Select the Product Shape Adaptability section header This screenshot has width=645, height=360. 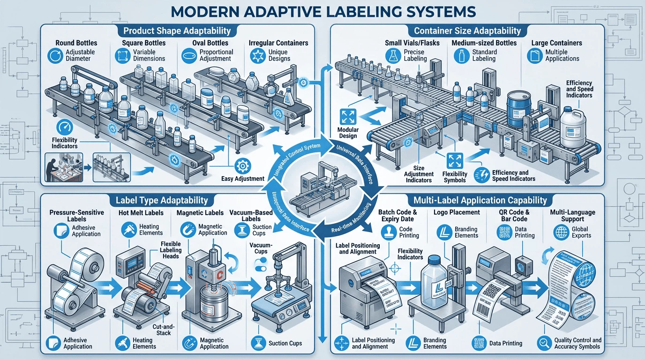[x=177, y=31]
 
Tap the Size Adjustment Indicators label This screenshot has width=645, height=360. [x=419, y=174]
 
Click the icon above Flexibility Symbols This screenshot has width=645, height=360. [x=455, y=160]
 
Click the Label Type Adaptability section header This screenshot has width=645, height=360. [x=161, y=201]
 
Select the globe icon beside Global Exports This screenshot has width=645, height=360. [x=561, y=232]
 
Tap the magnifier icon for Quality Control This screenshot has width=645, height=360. [x=544, y=343]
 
